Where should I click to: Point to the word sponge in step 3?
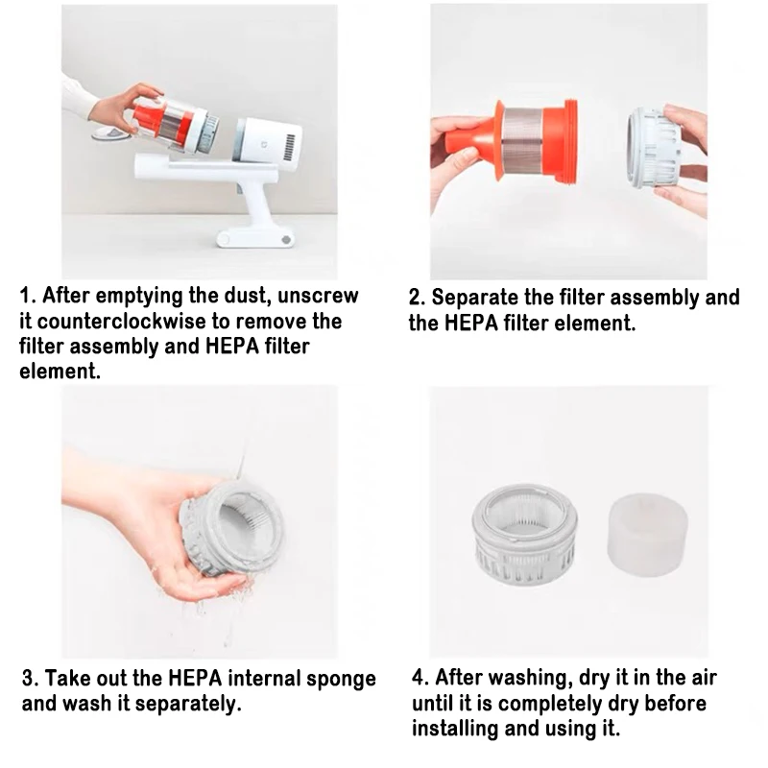(x=341, y=679)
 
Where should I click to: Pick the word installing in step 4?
(x=456, y=728)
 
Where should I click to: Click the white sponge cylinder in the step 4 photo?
(x=642, y=532)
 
